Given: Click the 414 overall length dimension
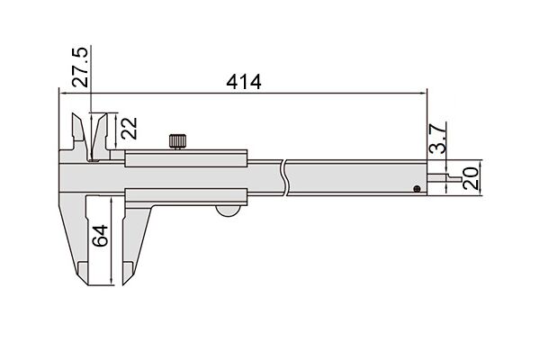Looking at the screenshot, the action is click(244, 82).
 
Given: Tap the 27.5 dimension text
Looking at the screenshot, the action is click(80, 67).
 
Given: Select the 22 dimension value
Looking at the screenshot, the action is click(129, 129).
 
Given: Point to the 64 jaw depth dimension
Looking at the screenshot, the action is click(100, 236).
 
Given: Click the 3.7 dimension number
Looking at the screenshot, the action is click(437, 139).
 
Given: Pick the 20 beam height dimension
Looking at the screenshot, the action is click(471, 178).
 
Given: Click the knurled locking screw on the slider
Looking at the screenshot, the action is click(177, 141).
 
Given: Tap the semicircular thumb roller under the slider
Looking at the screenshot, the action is click(228, 211).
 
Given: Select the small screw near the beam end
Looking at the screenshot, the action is click(417, 188).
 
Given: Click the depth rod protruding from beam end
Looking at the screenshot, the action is click(445, 178).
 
